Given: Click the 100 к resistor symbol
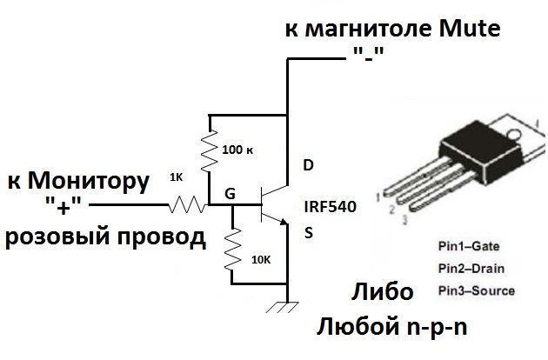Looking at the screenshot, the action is pos(210,150).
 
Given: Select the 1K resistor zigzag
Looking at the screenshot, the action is pos(187,204).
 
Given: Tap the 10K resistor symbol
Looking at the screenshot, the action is pos(232,249).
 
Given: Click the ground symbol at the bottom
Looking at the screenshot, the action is pos(283,307).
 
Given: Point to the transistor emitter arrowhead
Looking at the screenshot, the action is pos(284,222).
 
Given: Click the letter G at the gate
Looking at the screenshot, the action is pos(230,193).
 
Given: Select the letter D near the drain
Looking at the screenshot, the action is pos(308,165).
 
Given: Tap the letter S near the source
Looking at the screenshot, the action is pos(309,233).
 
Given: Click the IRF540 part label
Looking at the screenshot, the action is pos(331,207).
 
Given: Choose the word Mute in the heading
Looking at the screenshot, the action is pos(470,29).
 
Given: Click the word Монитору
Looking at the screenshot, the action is pos(89,182).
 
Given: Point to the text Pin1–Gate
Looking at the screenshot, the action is pos(469,246).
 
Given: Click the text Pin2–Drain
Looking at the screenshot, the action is pos(471,269).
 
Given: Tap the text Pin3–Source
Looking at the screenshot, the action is pos(477,290).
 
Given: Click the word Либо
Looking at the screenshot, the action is pos(383,291).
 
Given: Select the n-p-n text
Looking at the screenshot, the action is pos(437,328).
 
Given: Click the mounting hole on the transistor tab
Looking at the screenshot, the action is pos(512,134).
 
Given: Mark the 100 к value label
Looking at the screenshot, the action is pos(237,150).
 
